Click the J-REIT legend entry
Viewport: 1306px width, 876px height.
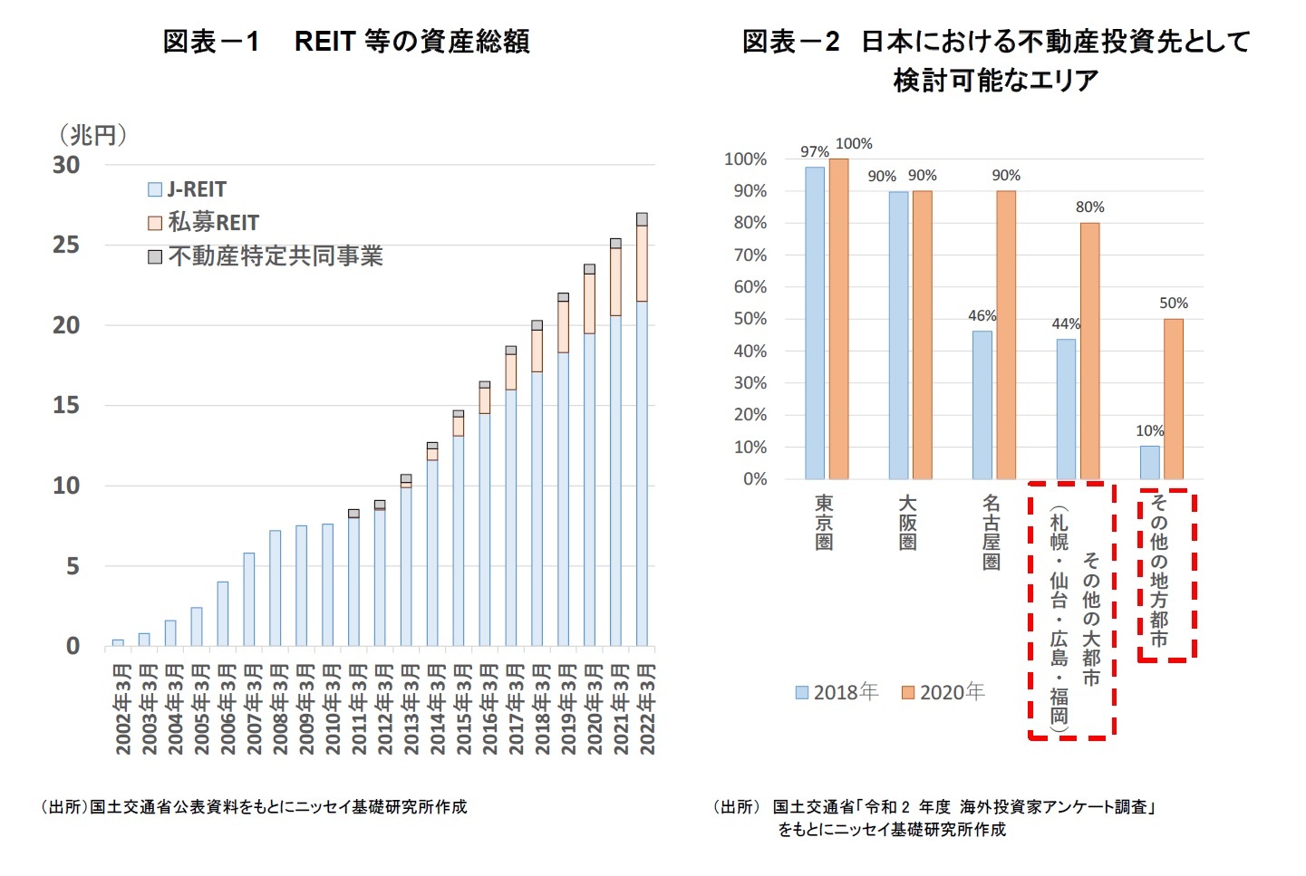coord(188,189)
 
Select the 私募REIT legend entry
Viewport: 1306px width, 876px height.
coord(204,223)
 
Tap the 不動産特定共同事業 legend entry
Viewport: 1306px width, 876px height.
coord(266,256)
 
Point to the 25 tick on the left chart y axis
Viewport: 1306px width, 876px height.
coord(65,245)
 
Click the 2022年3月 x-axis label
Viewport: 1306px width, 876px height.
coord(647,708)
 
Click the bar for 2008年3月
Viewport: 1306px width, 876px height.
coord(275,588)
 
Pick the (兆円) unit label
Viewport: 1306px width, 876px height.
coord(92,135)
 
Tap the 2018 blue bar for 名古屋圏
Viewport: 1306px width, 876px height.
coord(982,405)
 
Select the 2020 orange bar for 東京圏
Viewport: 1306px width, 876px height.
coord(838,319)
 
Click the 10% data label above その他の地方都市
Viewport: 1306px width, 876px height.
coord(1149,431)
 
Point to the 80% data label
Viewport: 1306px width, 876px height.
coord(1089,207)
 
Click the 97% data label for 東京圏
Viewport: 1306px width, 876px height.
coord(814,151)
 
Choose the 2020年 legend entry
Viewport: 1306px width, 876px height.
coord(943,692)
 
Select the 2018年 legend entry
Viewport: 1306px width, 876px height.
coord(837,692)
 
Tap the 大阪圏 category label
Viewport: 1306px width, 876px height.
coord(907,523)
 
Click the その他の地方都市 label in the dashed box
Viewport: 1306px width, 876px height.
coord(1158,572)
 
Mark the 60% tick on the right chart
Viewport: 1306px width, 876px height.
coord(750,287)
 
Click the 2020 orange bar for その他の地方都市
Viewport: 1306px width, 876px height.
coord(1173,399)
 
